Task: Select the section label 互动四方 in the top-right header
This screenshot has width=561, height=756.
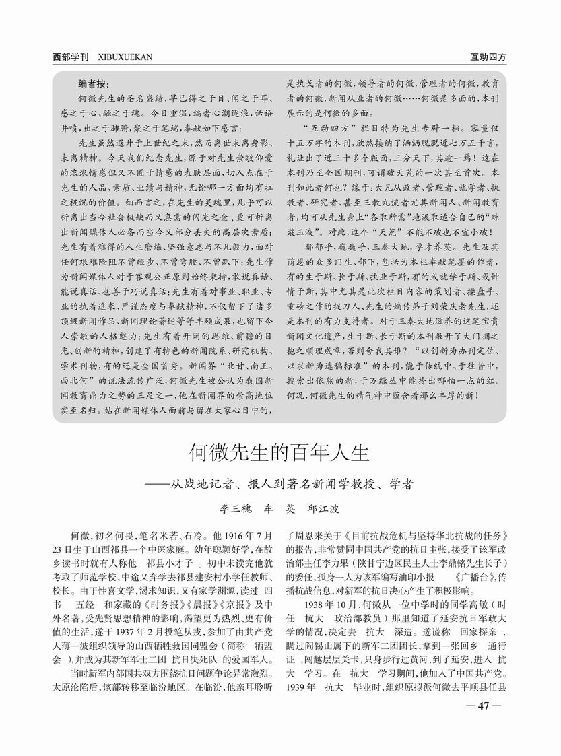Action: (x=488, y=57)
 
